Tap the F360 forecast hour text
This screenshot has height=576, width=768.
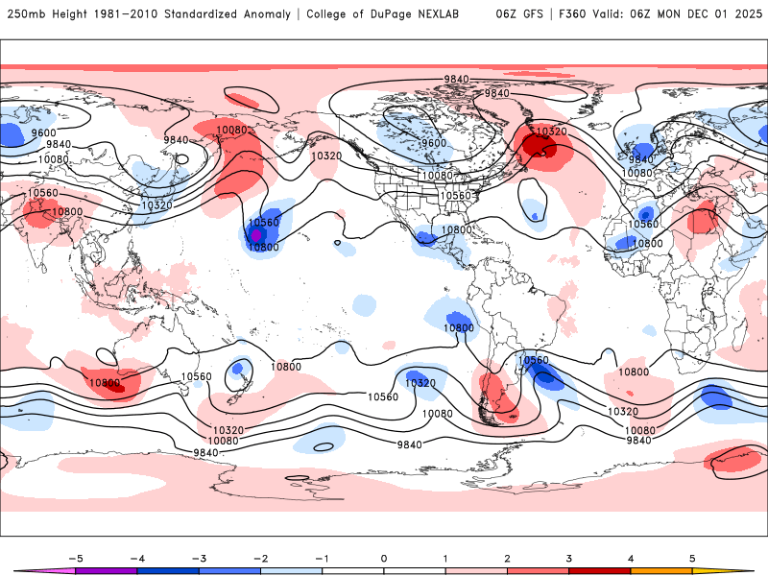(580, 14)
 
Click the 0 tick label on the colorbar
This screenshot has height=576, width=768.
(384, 558)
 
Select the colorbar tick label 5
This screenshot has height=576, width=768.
(692, 558)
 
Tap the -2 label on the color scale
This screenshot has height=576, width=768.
(260, 558)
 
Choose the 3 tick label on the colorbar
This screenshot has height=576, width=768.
(569, 558)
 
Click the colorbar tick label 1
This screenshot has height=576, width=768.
(445, 558)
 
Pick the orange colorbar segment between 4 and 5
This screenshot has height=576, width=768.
(661, 570)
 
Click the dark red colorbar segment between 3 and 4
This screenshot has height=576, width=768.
(600, 570)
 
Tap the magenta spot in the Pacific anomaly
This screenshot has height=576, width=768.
(255, 234)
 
